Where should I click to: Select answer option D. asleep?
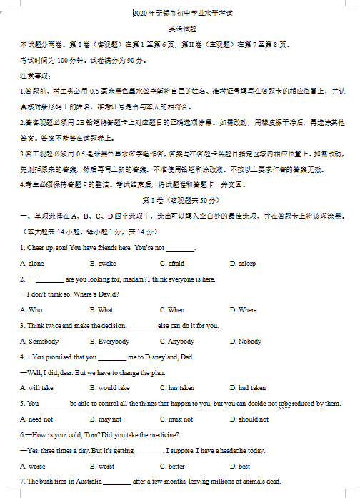(x=242, y=264)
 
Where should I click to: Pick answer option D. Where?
(x=243, y=310)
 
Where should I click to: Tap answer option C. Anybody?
(x=176, y=342)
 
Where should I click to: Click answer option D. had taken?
(x=248, y=388)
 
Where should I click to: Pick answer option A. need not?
(x=36, y=419)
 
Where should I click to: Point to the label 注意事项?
(x=34, y=76)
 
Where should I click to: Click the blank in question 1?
(x=179, y=249)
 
